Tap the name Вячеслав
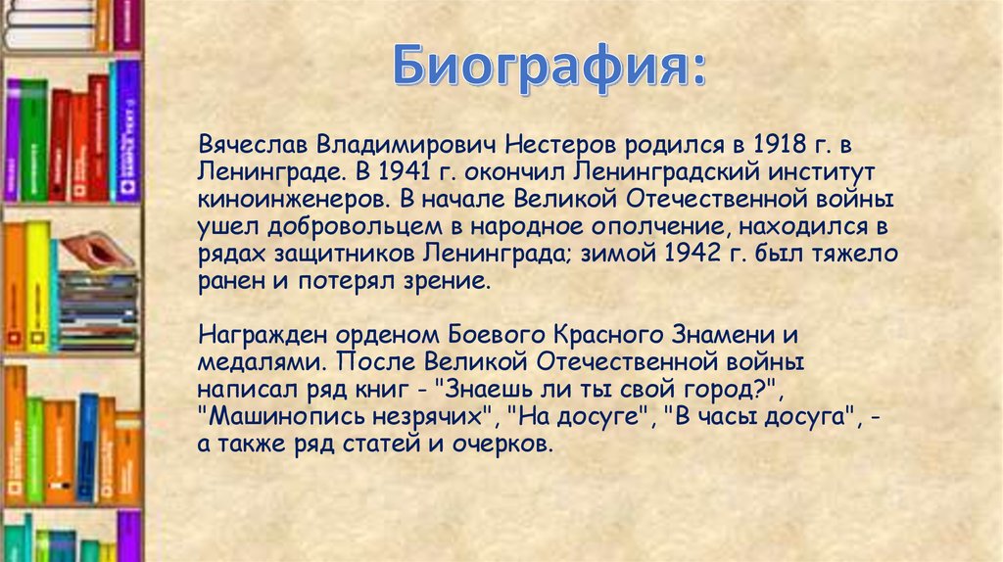click(x=253, y=147)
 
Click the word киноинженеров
click(x=285, y=201)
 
